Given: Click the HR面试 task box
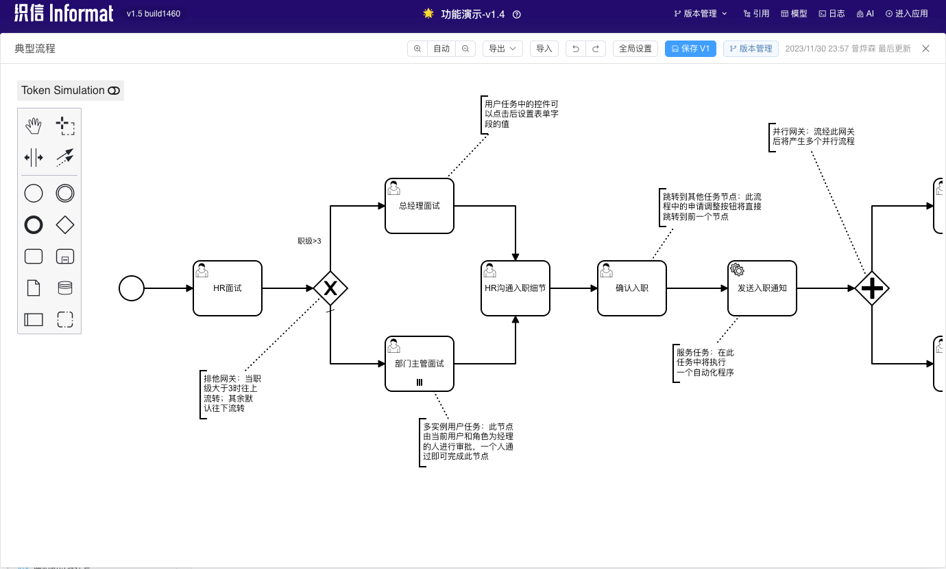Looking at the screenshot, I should (227, 288).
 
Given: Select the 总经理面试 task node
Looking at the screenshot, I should (419, 206).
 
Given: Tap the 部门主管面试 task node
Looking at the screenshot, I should (419, 364).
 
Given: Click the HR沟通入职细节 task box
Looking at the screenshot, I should (515, 288).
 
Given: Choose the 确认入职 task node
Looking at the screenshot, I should (631, 288).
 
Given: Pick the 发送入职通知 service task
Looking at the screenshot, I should (762, 288).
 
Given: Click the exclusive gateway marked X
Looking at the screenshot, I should (330, 288).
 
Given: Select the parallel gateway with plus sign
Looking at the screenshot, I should (871, 288).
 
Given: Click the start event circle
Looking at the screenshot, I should (132, 288).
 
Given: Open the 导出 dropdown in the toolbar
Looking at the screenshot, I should (502, 49).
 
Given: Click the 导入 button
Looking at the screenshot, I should (544, 49).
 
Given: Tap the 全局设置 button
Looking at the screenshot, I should (635, 49).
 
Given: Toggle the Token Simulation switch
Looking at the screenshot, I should (114, 91).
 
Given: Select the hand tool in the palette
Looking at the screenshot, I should (34, 126).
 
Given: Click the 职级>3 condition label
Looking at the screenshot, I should (309, 241).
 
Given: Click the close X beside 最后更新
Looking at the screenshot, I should (925, 49).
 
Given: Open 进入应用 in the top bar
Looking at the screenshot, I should (906, 14).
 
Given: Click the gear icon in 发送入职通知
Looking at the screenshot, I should (737, 270).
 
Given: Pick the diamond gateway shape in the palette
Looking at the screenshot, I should (65, 224).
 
